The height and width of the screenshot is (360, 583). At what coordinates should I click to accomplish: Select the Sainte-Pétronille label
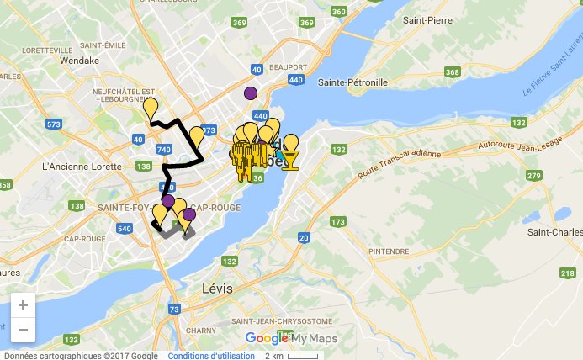click(x=352, y=82)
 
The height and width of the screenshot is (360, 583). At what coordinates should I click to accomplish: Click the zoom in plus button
click(x=23, y=305)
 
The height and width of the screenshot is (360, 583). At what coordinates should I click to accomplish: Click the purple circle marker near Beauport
click(x=250, y=93)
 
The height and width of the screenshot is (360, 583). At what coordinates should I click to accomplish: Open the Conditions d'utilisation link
click(x=211, y=355)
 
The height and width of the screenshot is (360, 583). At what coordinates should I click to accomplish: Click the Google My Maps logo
click(x=291, y=338)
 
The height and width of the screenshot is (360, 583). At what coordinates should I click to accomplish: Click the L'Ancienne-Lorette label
click(x=77, y=166)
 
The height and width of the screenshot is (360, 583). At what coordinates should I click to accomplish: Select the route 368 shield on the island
click(x=452, y=72)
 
